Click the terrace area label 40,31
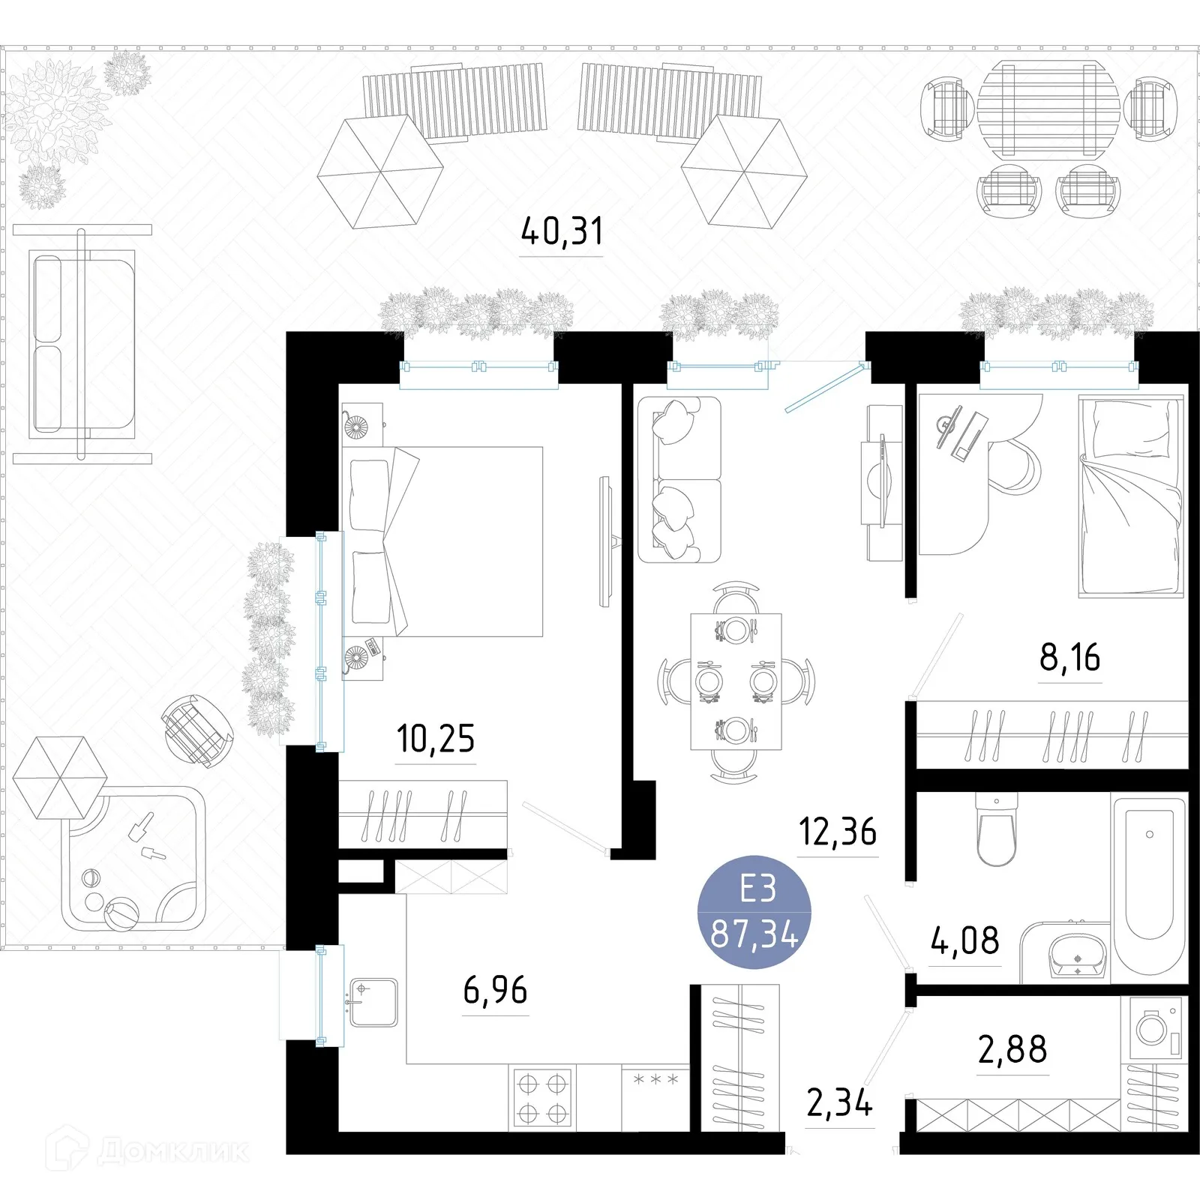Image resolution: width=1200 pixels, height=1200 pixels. click(x=562, y=232)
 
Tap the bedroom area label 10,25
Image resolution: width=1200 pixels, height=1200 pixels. click(x=436, y=739)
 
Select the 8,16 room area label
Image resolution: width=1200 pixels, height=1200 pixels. click(x=1069, y=658)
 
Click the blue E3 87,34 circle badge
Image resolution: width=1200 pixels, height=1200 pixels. click(x=754, y=912)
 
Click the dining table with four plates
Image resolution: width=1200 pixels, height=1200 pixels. click(x=736, y=681)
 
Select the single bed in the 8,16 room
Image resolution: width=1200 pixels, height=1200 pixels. click(x=1131, y=496)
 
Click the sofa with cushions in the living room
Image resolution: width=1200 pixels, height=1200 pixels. click(x=679, y=480)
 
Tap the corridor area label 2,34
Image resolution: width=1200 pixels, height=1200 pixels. click(x=839, y=1103)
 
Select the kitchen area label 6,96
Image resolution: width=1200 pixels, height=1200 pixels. click(x=495, y=991)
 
